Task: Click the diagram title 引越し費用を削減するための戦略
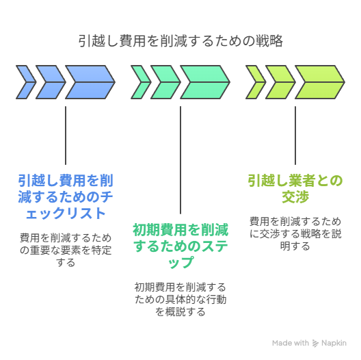tap(180, 41)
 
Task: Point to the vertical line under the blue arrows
tap(66, 136)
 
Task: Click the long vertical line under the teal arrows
tap(180, 160)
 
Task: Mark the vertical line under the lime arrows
tap(295, 136)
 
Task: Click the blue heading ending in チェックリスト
tap(66, 197)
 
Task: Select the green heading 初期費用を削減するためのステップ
tap(180, 246)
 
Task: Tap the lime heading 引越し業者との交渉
tap(295, 188)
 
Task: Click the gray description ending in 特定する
tap(66, 250)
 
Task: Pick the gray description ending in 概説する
tap(180, 300)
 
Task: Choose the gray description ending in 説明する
tap(295, 234)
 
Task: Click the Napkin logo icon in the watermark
tap(315, 343)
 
